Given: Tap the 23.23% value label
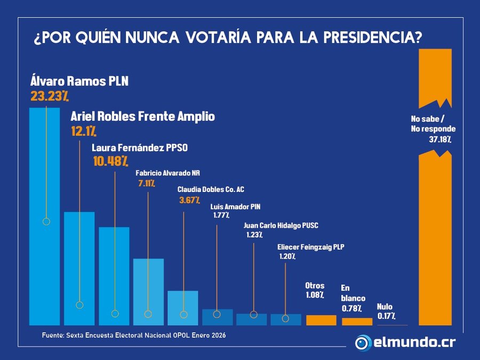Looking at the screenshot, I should coord(50,96).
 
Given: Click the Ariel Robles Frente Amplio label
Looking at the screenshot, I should coord(142,116).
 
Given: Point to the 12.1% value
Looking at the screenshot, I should coord(83,131).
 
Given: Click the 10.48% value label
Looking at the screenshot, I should coord(110,161).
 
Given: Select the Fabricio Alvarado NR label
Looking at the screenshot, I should coord(167,173).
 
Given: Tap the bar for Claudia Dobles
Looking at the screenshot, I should coord(183,308).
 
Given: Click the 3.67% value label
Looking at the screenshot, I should coord(189,200).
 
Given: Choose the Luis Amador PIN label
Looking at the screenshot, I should coord(235,206).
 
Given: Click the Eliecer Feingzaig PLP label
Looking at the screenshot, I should coord(310,247).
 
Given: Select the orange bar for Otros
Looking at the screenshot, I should coord(321,320).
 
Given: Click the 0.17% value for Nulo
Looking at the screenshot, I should coord(386,316).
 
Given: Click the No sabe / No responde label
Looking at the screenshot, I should coord(433,124).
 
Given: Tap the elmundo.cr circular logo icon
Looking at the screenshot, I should coord(364,342).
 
